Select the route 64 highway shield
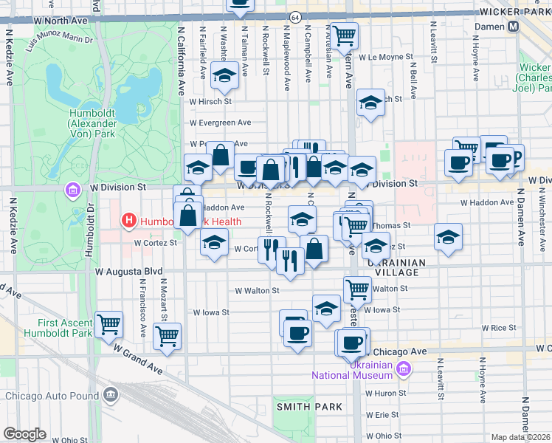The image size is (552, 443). click(x=295, y=16)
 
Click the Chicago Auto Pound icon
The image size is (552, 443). click(x=111, y=395)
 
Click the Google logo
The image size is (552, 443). click(x=24, y=434)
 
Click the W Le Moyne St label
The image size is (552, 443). click(x=383, y=56)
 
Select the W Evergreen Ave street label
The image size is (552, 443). click(x=220, y=123)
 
